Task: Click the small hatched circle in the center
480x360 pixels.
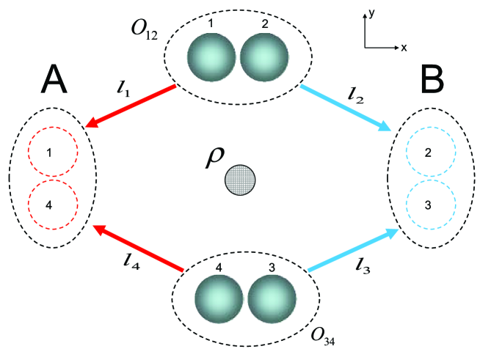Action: click(x=240, y=180)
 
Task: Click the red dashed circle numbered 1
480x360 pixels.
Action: click(x=52, y=154)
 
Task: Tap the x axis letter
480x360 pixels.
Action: click(x=404, y=47)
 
